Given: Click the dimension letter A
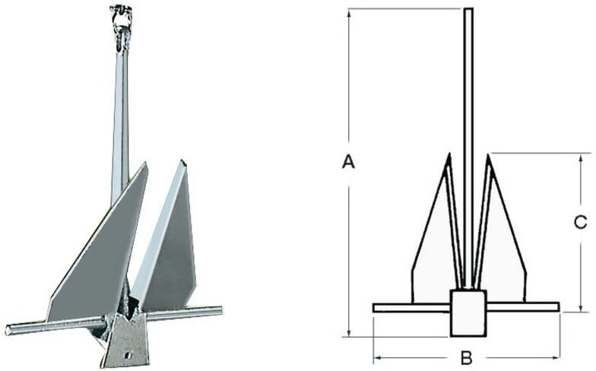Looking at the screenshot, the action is click(x=348, y=161).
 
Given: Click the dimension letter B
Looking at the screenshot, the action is click(x=467, y=357).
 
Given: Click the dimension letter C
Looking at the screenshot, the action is click(x=581, y=222).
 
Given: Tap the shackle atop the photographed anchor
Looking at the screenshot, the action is click(x=122, y=24).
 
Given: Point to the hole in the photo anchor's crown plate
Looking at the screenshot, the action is click(x=128, y=354).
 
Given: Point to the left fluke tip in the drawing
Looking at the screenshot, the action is click(x=449, y=154).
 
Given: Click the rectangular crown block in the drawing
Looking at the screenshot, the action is click(x=468, y=313).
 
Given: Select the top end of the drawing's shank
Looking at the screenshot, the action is click(x=468, y=9).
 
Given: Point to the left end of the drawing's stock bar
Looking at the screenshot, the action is click(x=374, y=307).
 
